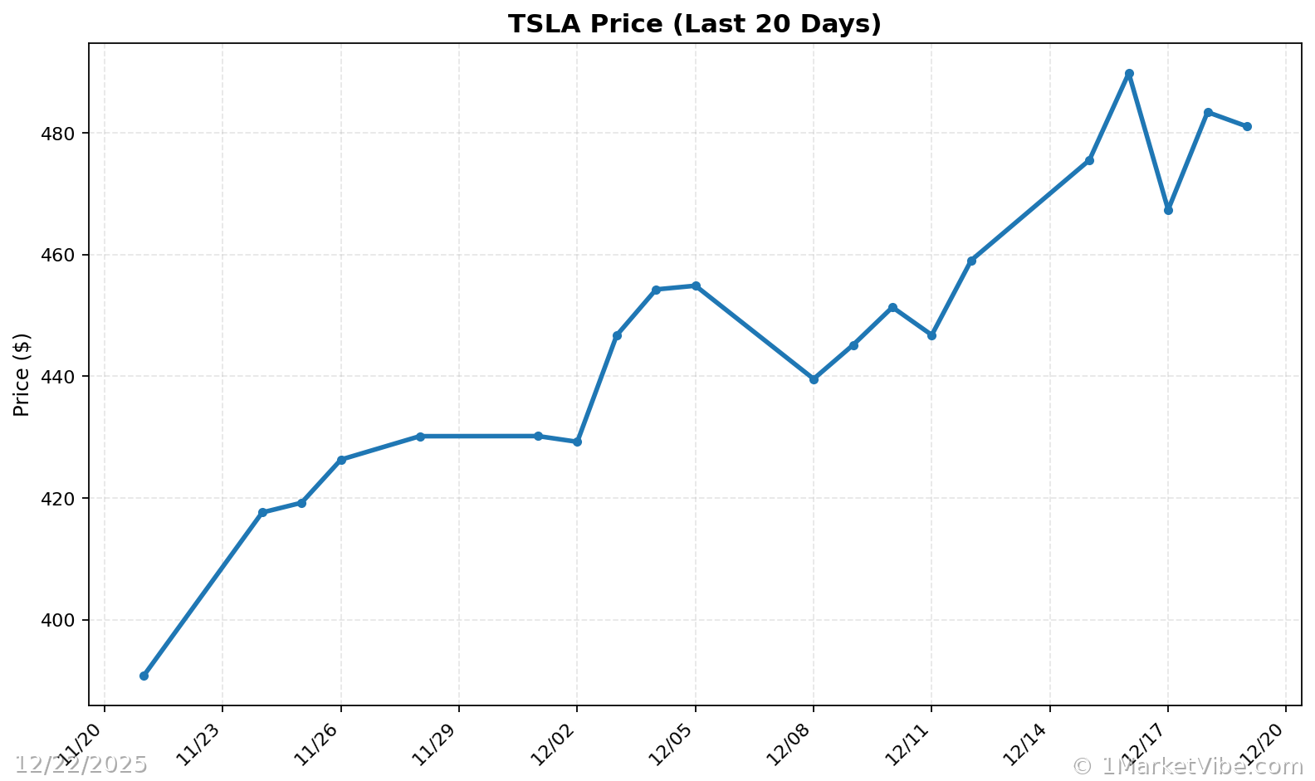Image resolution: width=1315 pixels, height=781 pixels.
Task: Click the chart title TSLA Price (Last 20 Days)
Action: pyautogui.click(x=694, y=24)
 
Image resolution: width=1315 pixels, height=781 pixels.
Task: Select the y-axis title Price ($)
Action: pyautogui.click(x=22, y=374)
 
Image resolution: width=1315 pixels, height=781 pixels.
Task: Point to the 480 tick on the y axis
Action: pyautogui.click(x=63, y=134)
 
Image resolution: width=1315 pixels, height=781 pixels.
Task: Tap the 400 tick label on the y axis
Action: pyautogui.click(x=63, y=621)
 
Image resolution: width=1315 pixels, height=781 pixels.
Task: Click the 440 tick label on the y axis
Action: pyautogui.click(x=63, y=377)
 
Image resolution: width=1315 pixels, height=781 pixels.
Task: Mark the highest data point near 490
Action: pyautogui.click(x=1129, y=74)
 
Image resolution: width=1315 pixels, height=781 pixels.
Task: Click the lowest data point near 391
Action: pyautogui.click(x=144, y=676)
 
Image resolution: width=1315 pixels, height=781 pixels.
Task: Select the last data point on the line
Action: pyautogui.click(x=1247, y=126)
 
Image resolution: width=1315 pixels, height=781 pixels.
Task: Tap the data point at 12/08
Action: pyautogui.click(x=814, y=379)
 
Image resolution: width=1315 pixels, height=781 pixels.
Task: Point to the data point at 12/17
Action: pyautogui.click(x=1168, y=210)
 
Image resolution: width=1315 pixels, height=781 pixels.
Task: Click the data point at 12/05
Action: pyautogui.click(x=696, y=286)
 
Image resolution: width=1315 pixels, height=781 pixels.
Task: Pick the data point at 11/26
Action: pyautogui.click(x=341, y=460)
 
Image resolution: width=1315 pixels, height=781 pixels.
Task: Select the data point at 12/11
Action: pyautogui.click(x=931, y=335)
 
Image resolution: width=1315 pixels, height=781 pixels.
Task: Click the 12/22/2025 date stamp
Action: pyautogui.click(x=81, y=764)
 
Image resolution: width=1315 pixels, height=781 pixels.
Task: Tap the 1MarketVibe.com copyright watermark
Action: pyautogui.click(x=1187, y=766)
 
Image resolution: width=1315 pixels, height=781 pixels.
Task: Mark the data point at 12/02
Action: pyautogui.click(x=577, y=442)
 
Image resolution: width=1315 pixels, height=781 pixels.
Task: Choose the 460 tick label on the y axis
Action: pyautogui.click(x=63, y=255)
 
